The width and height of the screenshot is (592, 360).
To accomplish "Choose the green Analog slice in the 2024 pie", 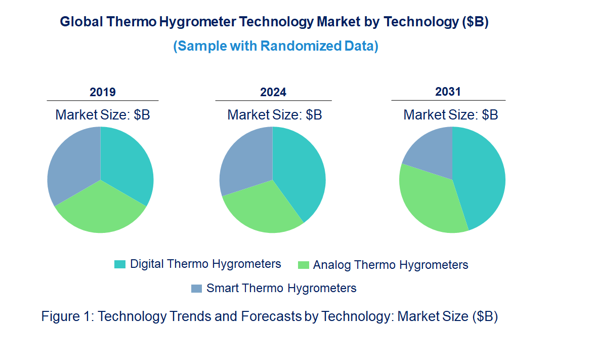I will point(263,210).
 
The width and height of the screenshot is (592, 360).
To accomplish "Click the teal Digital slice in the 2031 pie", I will point(481,177).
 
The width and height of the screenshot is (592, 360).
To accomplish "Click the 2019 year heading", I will point(103,92).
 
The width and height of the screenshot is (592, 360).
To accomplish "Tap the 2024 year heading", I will point(273,92).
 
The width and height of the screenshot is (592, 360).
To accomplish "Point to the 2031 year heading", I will point(448,92).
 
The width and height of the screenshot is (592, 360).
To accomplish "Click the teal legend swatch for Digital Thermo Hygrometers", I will point(120,264).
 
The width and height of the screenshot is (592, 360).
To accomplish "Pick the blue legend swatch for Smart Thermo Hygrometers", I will point(196,289).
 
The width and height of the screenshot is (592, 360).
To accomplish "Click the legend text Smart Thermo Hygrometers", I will point(281,288).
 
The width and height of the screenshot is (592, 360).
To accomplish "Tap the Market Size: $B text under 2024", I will point(275,115).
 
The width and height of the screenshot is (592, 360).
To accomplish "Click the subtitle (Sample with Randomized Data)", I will point(276,46).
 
